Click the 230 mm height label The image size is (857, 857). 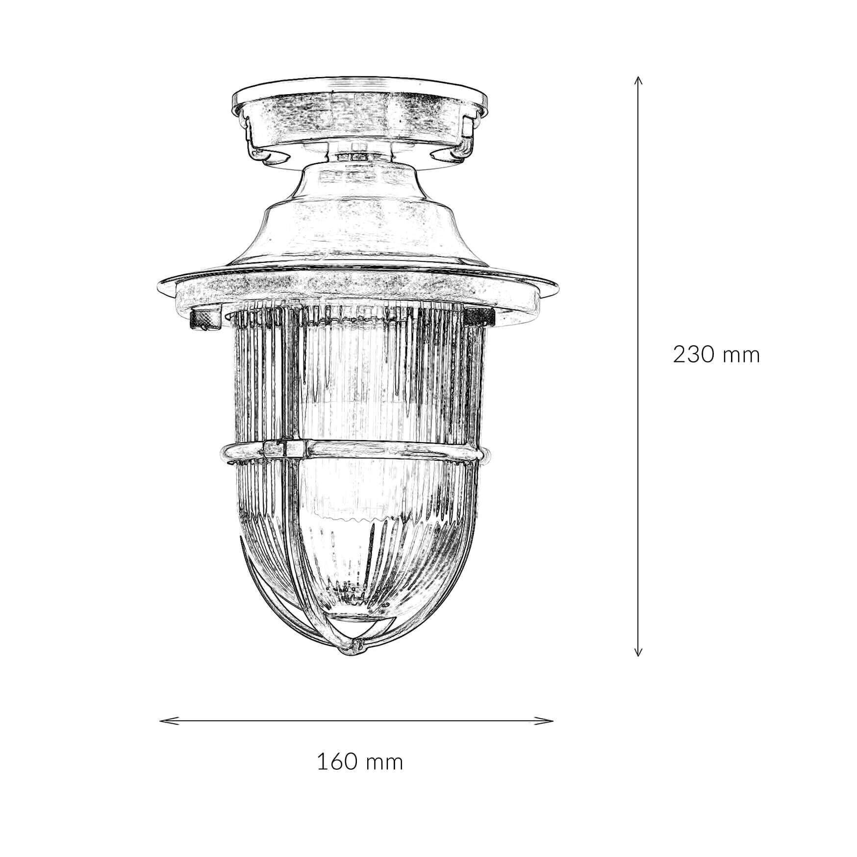coord(716,354)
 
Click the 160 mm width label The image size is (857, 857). coord(360,762)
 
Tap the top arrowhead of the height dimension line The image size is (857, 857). coord(637,79)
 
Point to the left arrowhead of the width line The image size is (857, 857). coord(163,721)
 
